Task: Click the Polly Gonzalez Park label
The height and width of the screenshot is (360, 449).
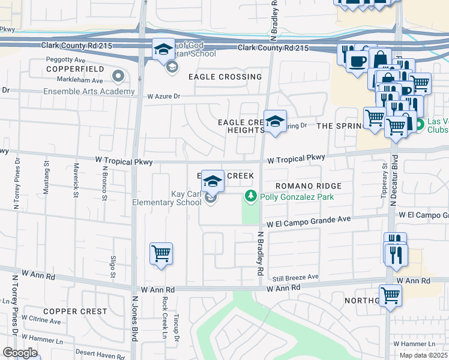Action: click(x=297, y=196)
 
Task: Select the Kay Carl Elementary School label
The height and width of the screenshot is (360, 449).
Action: click(x=167, y=198)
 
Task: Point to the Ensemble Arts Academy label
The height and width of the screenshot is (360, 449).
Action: click(x=89, y=91)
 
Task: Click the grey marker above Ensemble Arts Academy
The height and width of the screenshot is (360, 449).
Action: click(x=118, y=76)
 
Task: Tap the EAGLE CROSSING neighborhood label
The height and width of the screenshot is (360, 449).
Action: click(x=225, y=77)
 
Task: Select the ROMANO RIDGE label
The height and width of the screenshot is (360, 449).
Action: click(x=309, y=187)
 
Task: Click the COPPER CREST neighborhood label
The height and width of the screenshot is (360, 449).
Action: click(x=75, y=311)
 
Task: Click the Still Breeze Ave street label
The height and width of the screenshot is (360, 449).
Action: click(x=296, y=277)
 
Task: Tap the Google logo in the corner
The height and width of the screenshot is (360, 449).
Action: click(x=20, y=353)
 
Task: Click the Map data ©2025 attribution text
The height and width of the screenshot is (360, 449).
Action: click(x=424, y=355)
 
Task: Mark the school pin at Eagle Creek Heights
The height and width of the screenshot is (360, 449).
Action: click(x=275, y=122)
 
